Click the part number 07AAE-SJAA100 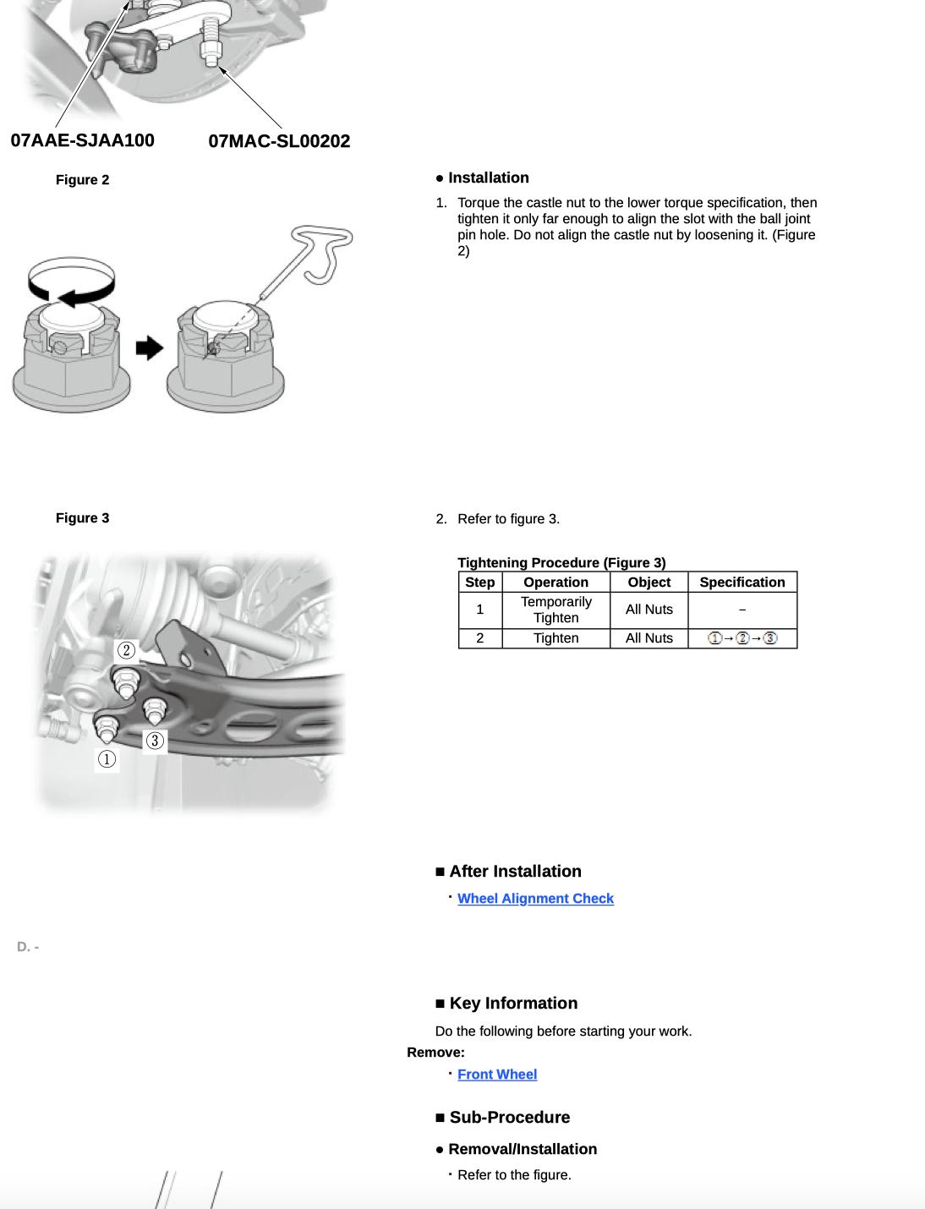[x=82, y=140]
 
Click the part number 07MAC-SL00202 [x=279, y=141]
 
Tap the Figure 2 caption [x=82, y=180]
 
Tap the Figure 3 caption [x=82, y=518]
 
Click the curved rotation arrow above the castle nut [x=71, y=282]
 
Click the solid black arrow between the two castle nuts [x=149, y=347]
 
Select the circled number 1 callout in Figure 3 [x=107, y=759]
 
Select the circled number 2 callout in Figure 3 [x=126, y=650]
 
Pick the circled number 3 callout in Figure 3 [x=155, y=741]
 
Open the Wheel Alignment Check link [x=535, y=899]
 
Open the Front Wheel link [x=497, y=1075]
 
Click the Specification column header [x=742, y=583]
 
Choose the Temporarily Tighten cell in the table [x=556, y=610]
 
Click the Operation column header [x=556, y=583]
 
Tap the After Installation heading [x=514, y=872]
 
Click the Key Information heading [x=512, y=1004]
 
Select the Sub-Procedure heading [x=509, y=1118]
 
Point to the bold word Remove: [x=435, y=1053]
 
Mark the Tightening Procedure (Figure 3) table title [x=561, y=563]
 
